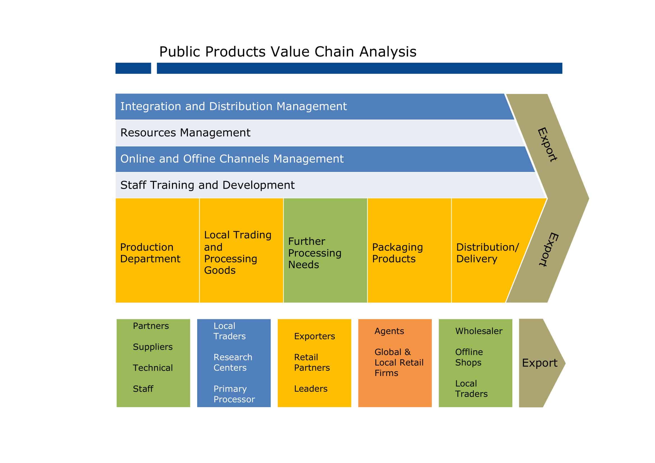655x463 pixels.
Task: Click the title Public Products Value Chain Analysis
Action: [287, 52]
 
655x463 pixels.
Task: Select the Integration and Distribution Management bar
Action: [233, 106]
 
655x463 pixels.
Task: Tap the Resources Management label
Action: [185, 133]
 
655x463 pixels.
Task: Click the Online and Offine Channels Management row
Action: [232, 159]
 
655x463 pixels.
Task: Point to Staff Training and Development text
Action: [207, 185]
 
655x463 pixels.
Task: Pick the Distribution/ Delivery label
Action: [488, 253]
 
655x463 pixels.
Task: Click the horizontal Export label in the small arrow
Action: [539, 363]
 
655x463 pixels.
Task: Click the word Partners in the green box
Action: [151, 326]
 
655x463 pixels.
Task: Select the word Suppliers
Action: [153, 347]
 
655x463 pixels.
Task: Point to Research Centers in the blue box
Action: [233, 362]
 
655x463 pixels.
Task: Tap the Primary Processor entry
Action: [234, 394]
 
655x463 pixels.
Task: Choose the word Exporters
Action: [314, 336]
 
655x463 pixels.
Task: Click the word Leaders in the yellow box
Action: [311, 389]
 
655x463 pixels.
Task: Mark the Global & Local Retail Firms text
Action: [399, 362]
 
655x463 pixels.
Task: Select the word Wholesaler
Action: [479, 331]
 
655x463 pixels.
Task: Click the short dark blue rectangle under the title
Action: [133, 69]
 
